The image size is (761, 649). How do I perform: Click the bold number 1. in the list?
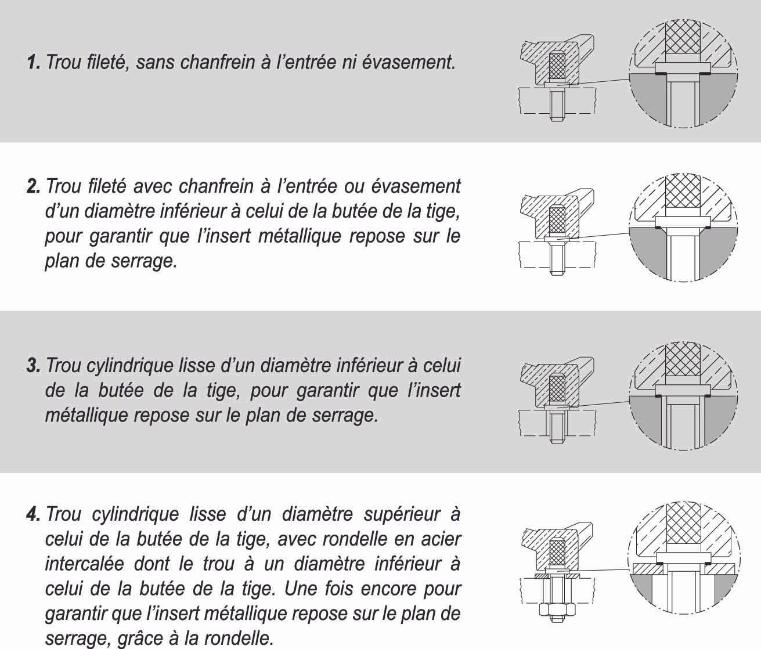pos(34,63)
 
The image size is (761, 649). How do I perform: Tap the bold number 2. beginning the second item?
pos(34,187)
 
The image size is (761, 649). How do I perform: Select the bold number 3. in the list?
pos(34,366)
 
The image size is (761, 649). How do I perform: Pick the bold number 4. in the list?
pos(34,515)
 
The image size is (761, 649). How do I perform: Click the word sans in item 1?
pos(157,63)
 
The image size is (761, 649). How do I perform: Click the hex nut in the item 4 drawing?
pos(557,609)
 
